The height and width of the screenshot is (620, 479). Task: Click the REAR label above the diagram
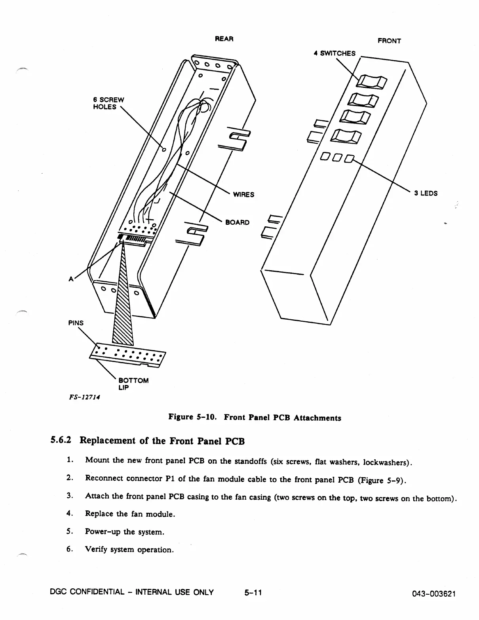224,39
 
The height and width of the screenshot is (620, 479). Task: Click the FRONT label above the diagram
389,41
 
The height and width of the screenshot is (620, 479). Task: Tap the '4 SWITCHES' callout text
335,53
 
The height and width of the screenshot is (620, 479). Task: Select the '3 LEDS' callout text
426,193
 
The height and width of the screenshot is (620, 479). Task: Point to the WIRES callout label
243,195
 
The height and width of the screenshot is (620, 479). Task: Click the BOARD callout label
238,222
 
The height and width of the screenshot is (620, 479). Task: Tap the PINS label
76,323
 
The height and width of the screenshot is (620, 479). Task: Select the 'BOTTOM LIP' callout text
133,384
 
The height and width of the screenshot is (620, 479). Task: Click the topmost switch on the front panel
371,82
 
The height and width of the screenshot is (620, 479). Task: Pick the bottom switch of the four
346,137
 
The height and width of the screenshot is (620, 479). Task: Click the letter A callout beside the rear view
71,279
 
